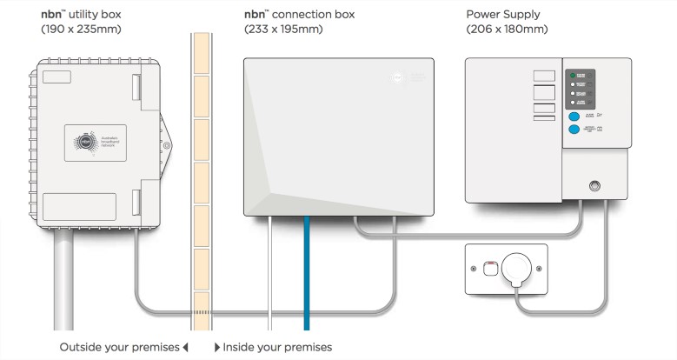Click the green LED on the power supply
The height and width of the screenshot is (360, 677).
[x=571, y=76]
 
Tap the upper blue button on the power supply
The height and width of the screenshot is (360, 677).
[x=574, y=115]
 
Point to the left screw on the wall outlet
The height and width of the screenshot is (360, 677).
[x=474, y=269]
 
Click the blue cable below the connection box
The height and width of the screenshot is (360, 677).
[x=306, y=278]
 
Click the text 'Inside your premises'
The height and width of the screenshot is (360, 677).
[x=277, y=347]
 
